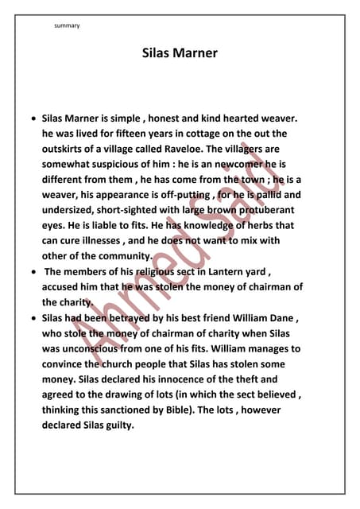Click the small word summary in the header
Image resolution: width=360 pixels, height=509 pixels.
67,26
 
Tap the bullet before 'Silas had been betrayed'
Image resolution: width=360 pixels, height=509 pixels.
32,318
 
